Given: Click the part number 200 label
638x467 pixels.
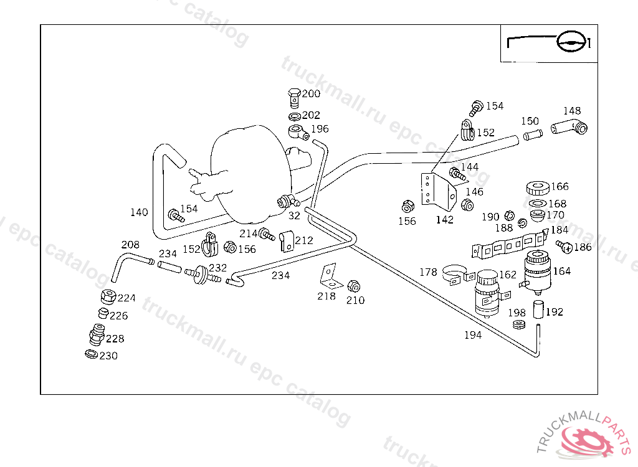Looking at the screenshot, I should tap(311, 94).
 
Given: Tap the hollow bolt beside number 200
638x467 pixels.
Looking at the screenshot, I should tap(295, 97).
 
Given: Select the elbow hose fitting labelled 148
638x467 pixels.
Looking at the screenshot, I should tap(569, 128).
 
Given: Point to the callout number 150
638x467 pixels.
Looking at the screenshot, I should tap(530, 121).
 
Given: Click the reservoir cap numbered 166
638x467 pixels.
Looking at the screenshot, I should tap(536, 187).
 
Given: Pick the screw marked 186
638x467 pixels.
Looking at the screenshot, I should tap(567, 248).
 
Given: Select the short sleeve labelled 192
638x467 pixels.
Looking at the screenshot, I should tap(538, 309).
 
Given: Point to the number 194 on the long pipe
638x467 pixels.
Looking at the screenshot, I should tap(473, 335).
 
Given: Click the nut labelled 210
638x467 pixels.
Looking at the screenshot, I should tap(353, 287).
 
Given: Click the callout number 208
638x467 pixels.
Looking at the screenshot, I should tap(130, 245).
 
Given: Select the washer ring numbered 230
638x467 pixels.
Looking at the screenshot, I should tap(91, 354).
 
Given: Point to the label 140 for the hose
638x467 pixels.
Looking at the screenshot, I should tap(139, 212).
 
